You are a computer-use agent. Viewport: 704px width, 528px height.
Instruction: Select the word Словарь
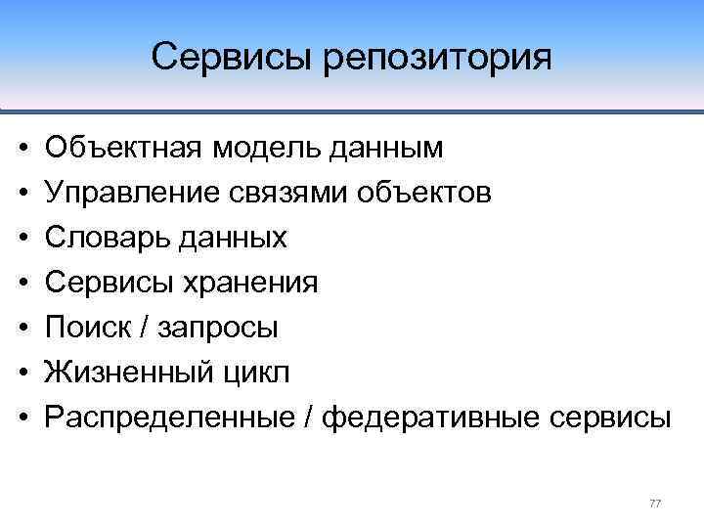(106, 238)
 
